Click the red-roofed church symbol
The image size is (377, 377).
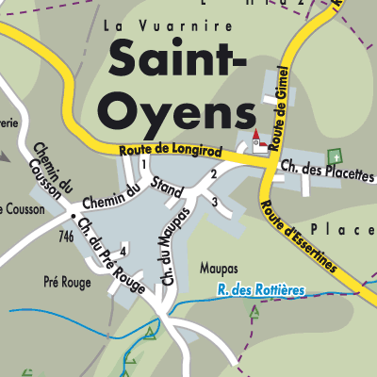click(x=257, y=140)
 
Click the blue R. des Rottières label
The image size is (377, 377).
click(x=259, y=290)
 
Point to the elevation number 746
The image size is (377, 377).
click(x=65, y=237)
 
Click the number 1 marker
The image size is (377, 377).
click(x=144, y=165)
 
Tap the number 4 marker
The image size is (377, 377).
click(x=123, y=250)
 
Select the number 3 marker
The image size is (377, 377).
click(x=215, y=202)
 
